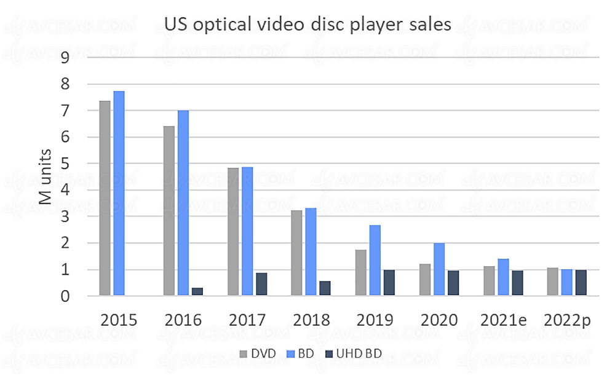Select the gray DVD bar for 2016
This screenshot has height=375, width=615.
(169, 211)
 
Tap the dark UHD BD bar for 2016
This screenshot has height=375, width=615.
(197, 292)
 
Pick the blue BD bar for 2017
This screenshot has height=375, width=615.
(247, 232)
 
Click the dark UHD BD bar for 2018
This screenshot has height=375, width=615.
(326, 289)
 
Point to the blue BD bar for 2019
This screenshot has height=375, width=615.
(375, 261)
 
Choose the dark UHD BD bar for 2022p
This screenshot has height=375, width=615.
(582, 283)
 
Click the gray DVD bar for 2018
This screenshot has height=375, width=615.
(296, 253)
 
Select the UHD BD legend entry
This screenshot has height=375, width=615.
(353, 355)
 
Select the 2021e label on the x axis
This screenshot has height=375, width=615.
(502, 321)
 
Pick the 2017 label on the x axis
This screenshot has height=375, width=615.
(248, 321)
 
